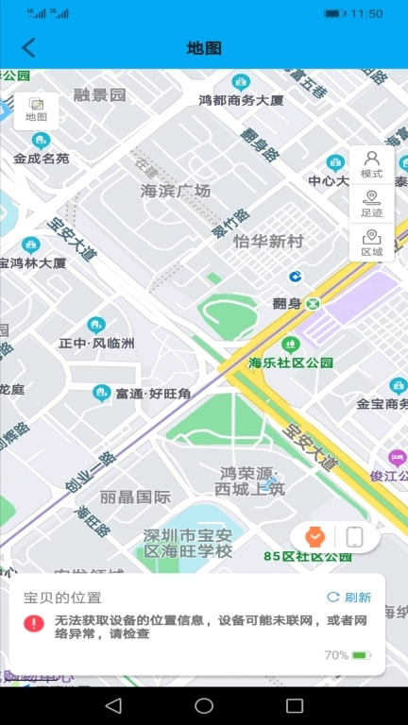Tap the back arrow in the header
coord(29,48)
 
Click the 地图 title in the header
coord(204,48)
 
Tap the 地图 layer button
coord(36,110)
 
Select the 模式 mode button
coord(371,164)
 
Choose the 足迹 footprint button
coord(371,204)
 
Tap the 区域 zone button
coord(371,243)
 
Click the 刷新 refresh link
coord(348,598)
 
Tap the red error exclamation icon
coord(34,623)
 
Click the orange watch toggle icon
coord(314,536)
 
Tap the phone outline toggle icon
coord(354,537)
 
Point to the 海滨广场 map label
coord(176,191)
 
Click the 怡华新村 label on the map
coord(269,242)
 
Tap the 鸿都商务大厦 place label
coord(242,99)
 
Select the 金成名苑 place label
coord(41,159)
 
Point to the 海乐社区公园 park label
coord(291,362)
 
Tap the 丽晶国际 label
coord(135,497)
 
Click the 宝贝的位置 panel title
coord(62,598)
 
